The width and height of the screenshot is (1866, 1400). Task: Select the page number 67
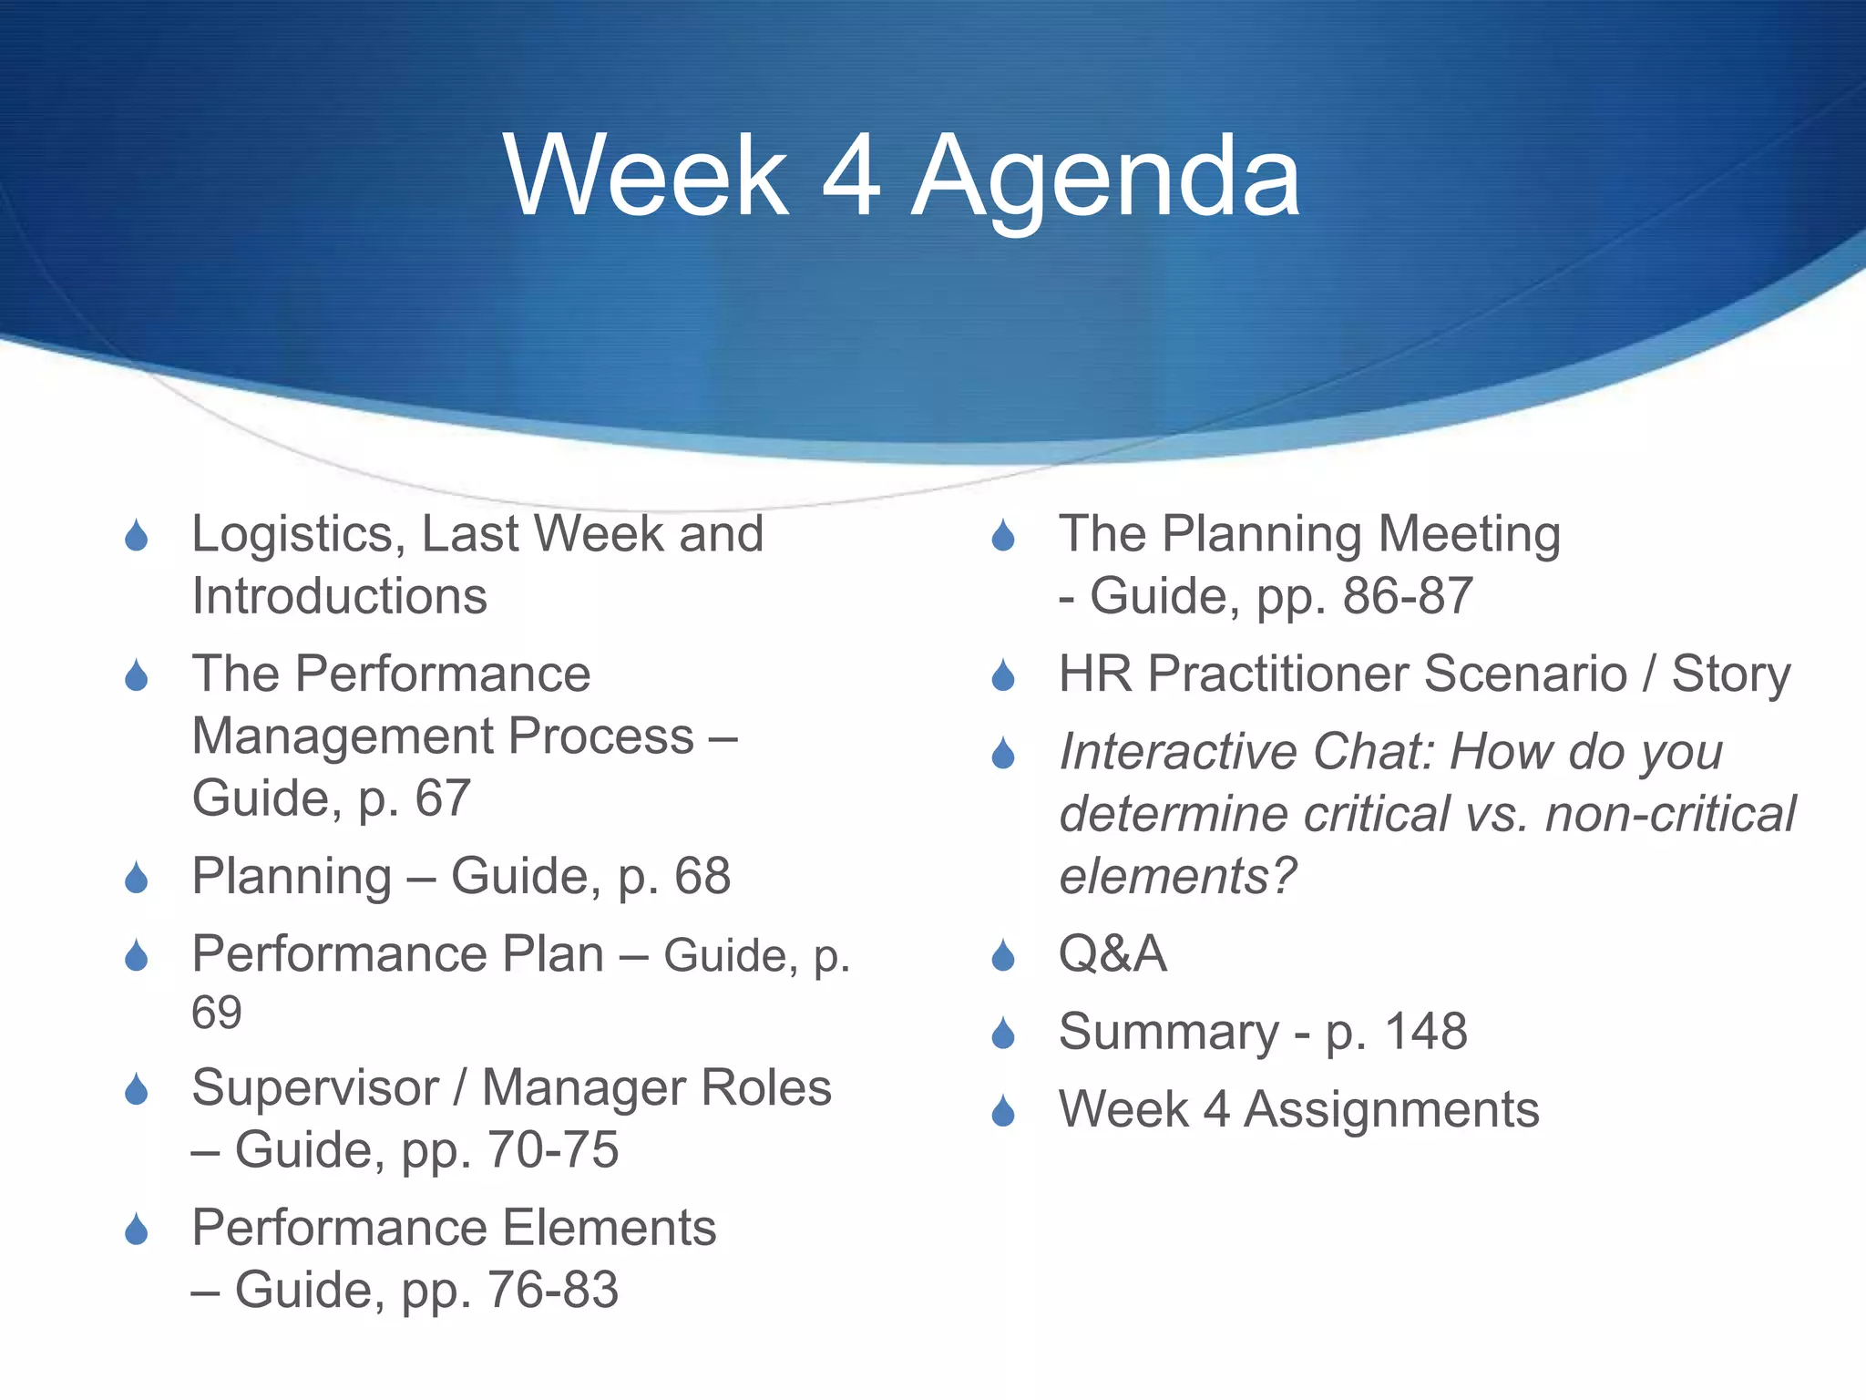443,798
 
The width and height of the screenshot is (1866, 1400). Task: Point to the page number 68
702,876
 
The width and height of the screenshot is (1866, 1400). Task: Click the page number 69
217,1013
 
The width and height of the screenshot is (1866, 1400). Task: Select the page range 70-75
553,1149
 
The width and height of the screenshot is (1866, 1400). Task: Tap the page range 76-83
553,1290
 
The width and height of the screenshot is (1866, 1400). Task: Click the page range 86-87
1408,596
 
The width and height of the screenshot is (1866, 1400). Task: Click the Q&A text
1112,954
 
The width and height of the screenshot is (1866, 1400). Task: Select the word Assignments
1391,1110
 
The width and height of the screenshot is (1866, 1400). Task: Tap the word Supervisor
315,1087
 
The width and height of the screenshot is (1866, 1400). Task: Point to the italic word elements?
1177,876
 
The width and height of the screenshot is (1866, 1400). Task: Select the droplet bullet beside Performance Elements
137,1230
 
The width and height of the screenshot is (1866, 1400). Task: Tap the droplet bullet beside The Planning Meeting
1003,536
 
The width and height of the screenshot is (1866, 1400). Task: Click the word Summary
1169,1032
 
